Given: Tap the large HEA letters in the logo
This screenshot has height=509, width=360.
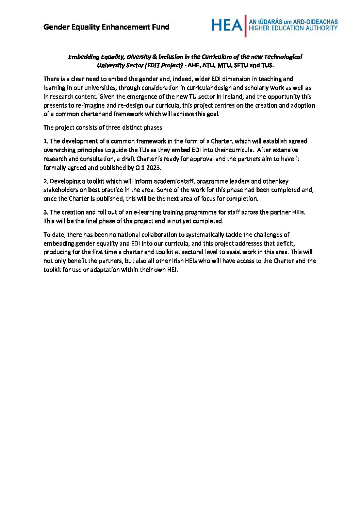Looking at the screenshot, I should pos(227,25).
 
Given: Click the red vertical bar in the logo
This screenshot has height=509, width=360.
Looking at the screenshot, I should pos(246,26).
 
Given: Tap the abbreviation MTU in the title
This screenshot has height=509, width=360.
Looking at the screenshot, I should pos(224,65).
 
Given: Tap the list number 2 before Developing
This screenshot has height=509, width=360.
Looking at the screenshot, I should pos(45,181).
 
